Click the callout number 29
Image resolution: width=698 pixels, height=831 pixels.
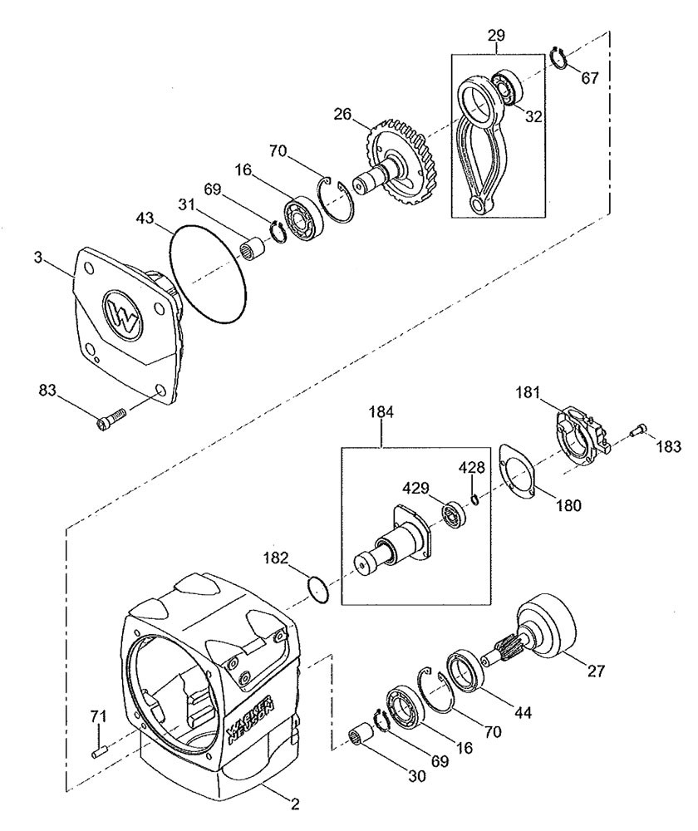[x=496, y=36]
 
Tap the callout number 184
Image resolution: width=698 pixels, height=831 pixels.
[x=381, y=412]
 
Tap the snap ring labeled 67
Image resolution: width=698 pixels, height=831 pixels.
[x=558, y=58]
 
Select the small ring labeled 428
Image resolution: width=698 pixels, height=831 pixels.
[x=475, y=499]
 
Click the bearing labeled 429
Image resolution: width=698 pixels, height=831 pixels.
[x=455, y=514]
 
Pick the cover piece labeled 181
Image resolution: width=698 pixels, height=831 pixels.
[x=581, y=435]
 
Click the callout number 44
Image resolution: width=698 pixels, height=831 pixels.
[x=523, y=712]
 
